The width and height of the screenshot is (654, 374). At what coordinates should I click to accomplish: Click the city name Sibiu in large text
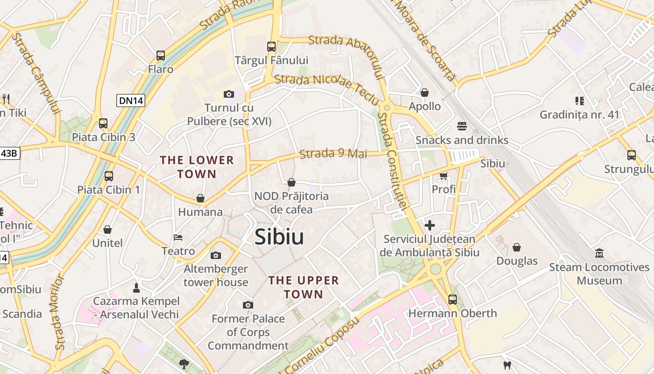point(279,237)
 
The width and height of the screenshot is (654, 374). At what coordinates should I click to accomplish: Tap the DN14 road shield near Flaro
point(130,100)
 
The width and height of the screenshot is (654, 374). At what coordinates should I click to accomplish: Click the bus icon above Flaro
point(161,56)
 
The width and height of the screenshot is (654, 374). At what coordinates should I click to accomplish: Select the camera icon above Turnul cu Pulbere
point(228,94)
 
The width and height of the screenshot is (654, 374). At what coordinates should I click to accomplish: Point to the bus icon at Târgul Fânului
point(271,47)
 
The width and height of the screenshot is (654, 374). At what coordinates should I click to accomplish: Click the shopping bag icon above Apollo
point(425,93)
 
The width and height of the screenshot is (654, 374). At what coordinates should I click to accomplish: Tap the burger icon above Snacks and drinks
point(462,126)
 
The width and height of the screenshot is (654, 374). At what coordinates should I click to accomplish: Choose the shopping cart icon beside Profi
point(443,176)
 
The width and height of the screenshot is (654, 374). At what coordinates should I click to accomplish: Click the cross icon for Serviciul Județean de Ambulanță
point(430,225)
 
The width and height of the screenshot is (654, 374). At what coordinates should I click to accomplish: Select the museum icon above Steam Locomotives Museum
point(599,253)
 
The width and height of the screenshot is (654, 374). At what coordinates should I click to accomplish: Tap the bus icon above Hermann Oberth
point(452,299)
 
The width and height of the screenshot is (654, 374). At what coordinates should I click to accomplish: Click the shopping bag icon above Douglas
point(517,247)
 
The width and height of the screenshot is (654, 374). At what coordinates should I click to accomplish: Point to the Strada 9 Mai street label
point(333,153)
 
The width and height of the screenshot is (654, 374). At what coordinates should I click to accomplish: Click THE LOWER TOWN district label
point(197,167)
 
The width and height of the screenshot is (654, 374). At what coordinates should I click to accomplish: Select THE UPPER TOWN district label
point(304,287)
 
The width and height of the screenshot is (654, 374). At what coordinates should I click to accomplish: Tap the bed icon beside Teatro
point(178,237)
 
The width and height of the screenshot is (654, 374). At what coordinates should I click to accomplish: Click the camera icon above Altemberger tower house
point(215,255)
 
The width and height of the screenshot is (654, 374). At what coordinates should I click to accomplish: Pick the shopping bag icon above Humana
point(200,198)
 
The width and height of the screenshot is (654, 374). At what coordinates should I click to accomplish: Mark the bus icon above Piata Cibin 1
point(109,176)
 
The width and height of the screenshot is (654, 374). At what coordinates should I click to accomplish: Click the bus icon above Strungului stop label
point(632,155)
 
